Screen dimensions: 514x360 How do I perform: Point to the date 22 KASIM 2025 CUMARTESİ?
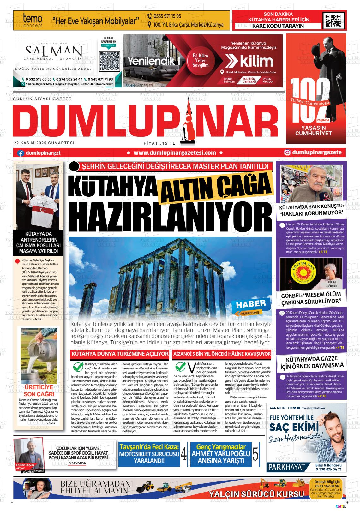click(44, 143)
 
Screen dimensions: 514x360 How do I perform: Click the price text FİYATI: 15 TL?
click(159, 143)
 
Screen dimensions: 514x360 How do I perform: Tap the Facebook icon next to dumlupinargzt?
click(21, 153)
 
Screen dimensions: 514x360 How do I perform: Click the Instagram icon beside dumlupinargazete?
click(287, 152)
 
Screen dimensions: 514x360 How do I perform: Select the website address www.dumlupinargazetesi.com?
click(175, 153)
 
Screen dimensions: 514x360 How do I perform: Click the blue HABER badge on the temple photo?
click(251, 304)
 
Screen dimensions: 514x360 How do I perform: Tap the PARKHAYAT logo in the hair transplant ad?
click(286, 467)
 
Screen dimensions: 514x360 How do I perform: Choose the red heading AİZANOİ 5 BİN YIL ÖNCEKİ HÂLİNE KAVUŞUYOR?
click(222, 354)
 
